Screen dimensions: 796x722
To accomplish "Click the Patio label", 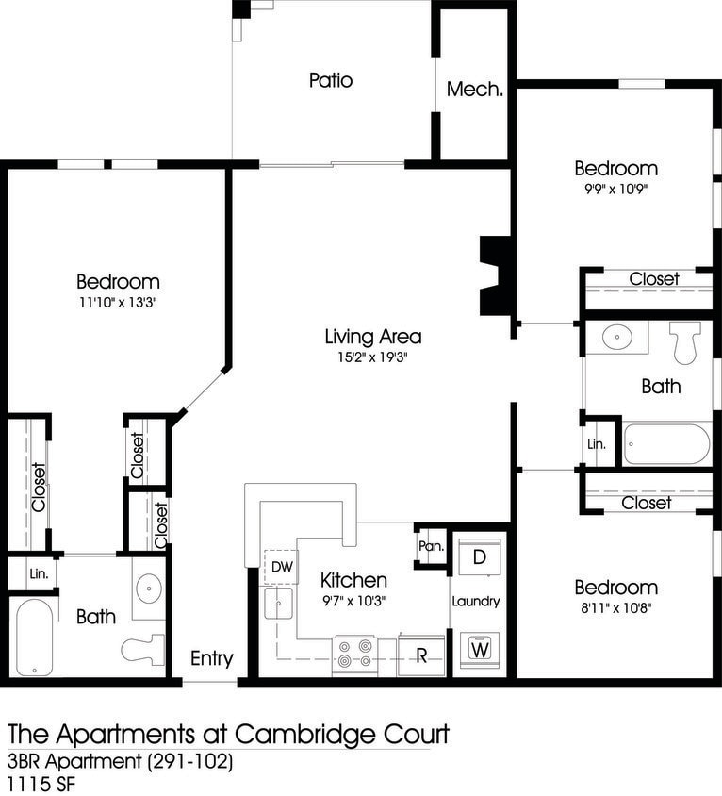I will coord(330,80).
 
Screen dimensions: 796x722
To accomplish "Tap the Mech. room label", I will coord(474,91).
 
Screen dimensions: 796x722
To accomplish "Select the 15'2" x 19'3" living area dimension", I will coord(372,357).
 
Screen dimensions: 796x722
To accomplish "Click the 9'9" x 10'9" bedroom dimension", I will coord(616,189).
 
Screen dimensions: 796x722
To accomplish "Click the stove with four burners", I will coord(354,654).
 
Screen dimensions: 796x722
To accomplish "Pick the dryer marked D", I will coord(479,556).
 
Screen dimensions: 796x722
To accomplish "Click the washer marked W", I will coord(480,649).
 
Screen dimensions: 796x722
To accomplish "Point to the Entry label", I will coord(211,658).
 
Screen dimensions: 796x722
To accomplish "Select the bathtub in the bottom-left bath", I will coord(35,638).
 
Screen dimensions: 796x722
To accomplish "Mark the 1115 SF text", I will coord(42,783).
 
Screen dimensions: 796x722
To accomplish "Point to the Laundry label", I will coord(475,601).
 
